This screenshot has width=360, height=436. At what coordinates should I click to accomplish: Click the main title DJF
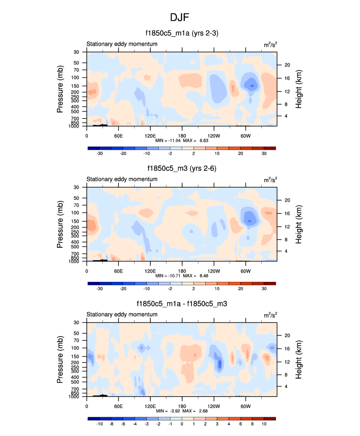(x=180, y=18)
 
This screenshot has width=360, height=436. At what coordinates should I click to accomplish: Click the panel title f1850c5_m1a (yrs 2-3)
(x=182, y=33)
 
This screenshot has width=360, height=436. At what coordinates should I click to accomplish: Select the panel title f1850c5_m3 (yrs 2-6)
(x=182, y=168)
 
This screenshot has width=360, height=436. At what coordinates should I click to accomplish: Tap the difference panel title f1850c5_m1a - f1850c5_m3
(x=182, y=304)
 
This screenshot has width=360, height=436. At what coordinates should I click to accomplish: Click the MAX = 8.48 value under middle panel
(x=198, y=276)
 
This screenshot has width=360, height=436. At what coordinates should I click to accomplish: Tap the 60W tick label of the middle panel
(x=246, y=271)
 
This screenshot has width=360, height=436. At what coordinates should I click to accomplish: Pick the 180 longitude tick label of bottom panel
(x=182, y=406)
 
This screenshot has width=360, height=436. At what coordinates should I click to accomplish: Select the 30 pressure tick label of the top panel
(x=77, y=52)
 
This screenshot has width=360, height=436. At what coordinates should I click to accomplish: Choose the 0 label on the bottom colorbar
(x=182, y=424)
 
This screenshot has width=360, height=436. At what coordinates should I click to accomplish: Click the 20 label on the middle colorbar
(x=240, y=289)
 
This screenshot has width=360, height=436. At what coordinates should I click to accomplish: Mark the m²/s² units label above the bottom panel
(x=270, y=315)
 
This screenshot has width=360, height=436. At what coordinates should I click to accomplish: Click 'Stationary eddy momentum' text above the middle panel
(x=122, y=179)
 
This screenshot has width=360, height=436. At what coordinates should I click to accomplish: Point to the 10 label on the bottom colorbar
(x=264, y=424)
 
